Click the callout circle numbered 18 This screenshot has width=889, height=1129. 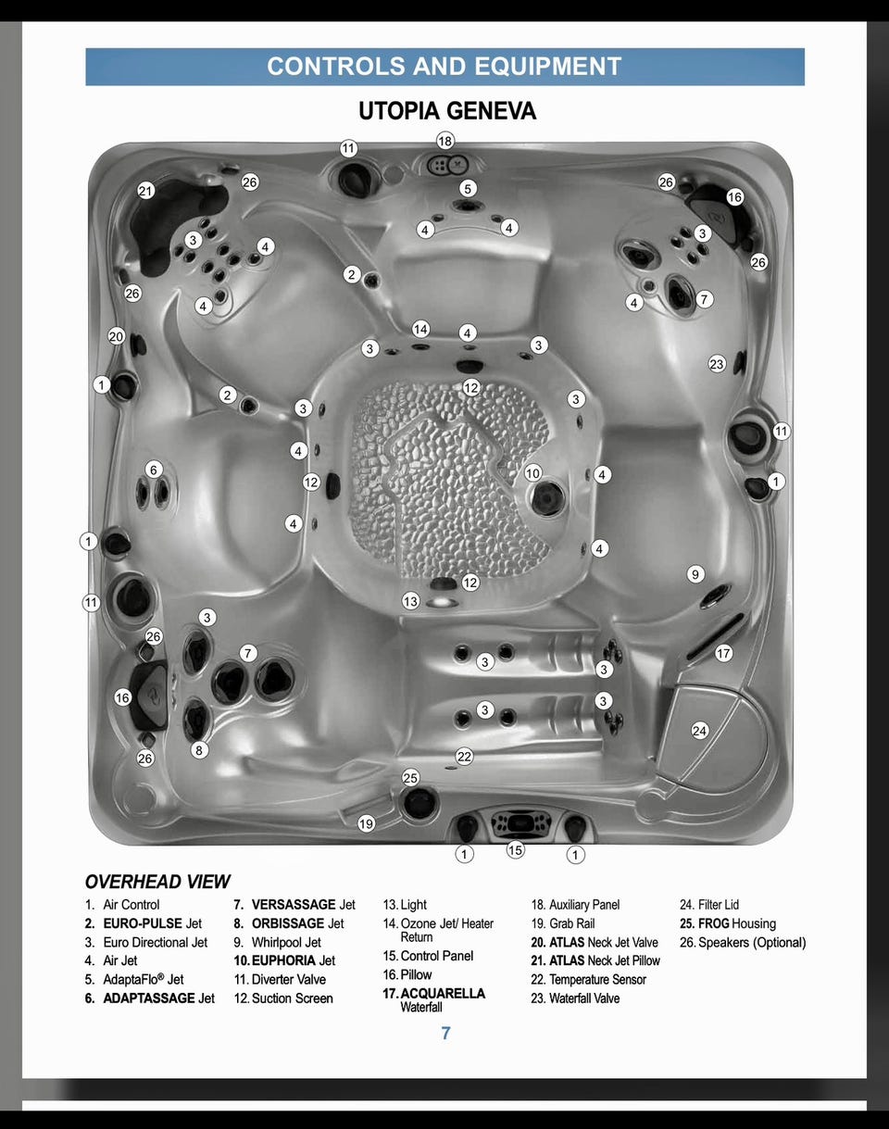(445, 141)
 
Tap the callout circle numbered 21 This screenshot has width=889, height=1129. (145, 191)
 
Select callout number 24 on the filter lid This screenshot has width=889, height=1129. (700, 731)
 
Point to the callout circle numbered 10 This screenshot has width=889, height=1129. (532, 473)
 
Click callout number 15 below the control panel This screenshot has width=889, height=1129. (515, 850)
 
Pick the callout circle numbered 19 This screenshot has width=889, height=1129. (366, 823)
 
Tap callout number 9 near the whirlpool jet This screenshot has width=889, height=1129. (695, 574)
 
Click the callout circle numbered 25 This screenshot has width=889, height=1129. (410, 777)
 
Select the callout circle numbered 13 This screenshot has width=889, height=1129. (410, 601)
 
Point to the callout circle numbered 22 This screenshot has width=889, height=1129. (465, 757)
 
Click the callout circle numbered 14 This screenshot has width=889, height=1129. (420, 329)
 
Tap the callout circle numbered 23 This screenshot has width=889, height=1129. (717, 364)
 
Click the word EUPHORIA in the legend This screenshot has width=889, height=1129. (283, 960)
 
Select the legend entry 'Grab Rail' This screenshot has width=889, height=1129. (571, 923)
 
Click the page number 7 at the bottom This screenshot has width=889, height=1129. (445, 1033)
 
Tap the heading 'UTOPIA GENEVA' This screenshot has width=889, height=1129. (447, 111)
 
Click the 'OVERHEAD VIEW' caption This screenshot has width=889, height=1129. (157, 882)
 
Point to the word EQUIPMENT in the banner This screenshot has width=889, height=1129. (548, 67)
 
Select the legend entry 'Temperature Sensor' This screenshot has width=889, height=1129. (597, 980)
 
